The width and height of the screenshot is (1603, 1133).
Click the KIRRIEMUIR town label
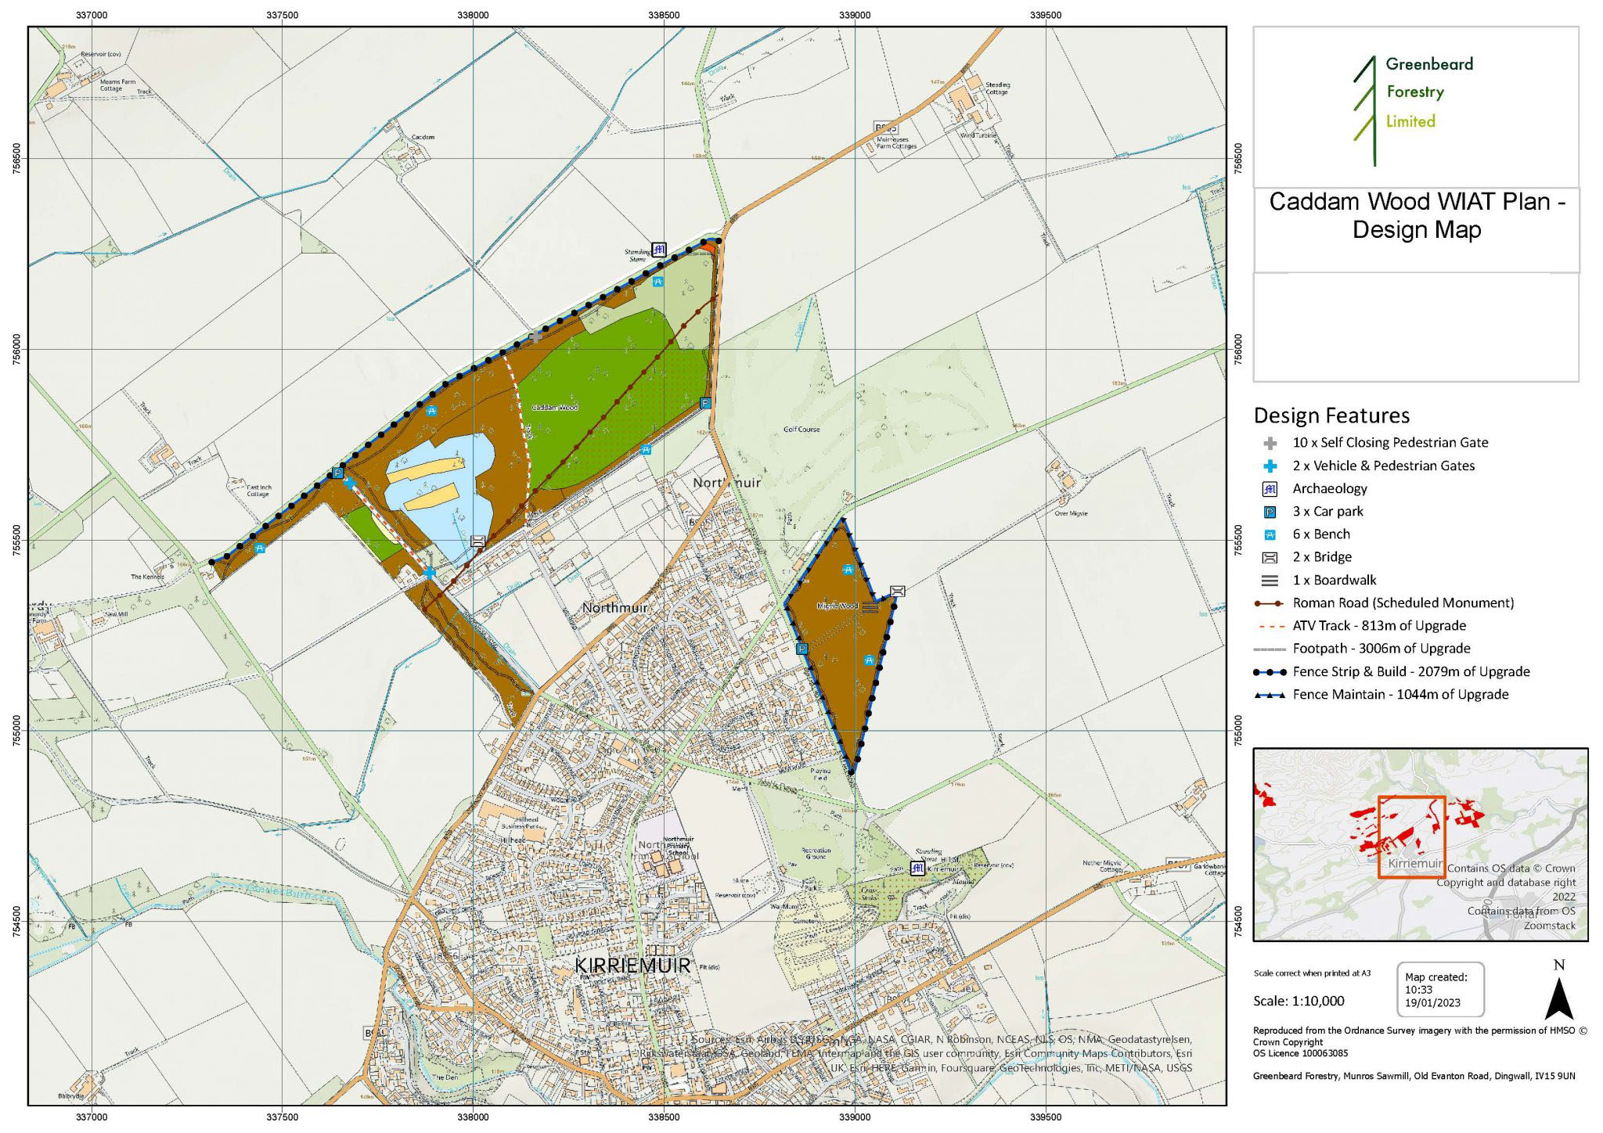point(632,966)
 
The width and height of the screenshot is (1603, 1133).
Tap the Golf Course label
point(801,430)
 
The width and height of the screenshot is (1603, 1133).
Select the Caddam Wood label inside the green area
point(555,408)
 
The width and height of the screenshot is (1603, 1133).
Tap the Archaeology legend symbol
point(1270,489)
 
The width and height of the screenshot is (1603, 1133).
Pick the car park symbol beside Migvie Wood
point(801,649)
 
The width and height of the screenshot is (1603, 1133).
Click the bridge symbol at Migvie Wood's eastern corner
point(898,591)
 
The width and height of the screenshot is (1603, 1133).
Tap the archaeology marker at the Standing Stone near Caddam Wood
point(659,250)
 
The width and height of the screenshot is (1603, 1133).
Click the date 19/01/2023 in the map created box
point(1432,1003)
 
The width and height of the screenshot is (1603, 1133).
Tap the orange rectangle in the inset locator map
point(1411,836)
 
